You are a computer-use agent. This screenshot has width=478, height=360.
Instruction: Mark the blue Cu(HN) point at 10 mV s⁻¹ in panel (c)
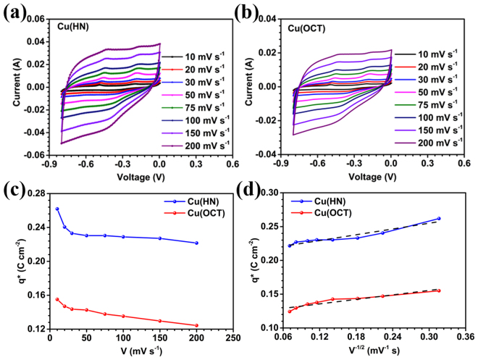click(57, 209)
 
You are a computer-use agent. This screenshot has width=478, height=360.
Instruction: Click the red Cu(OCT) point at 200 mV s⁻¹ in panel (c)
click(196, 325)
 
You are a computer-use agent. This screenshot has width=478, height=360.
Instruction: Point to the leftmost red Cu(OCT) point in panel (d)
click(290, 311)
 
